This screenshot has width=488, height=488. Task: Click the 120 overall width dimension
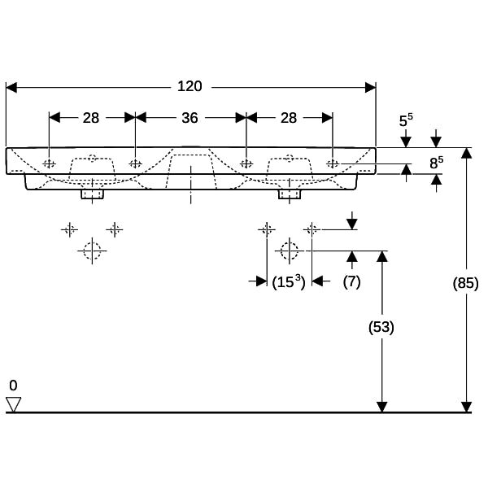[190, 86]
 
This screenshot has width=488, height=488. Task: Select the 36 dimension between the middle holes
[190, 118]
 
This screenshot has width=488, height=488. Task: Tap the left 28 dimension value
[91, 118]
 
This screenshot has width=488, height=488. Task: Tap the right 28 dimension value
[289, 118]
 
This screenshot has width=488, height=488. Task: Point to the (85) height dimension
[465, 283]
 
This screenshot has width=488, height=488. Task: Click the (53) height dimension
[381, 327]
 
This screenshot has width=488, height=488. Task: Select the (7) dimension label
[351, 281]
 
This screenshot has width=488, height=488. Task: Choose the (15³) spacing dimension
[289, 282]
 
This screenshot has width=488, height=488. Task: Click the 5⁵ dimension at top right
[406, 120]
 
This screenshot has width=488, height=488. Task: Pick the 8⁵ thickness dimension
[436, 163]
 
